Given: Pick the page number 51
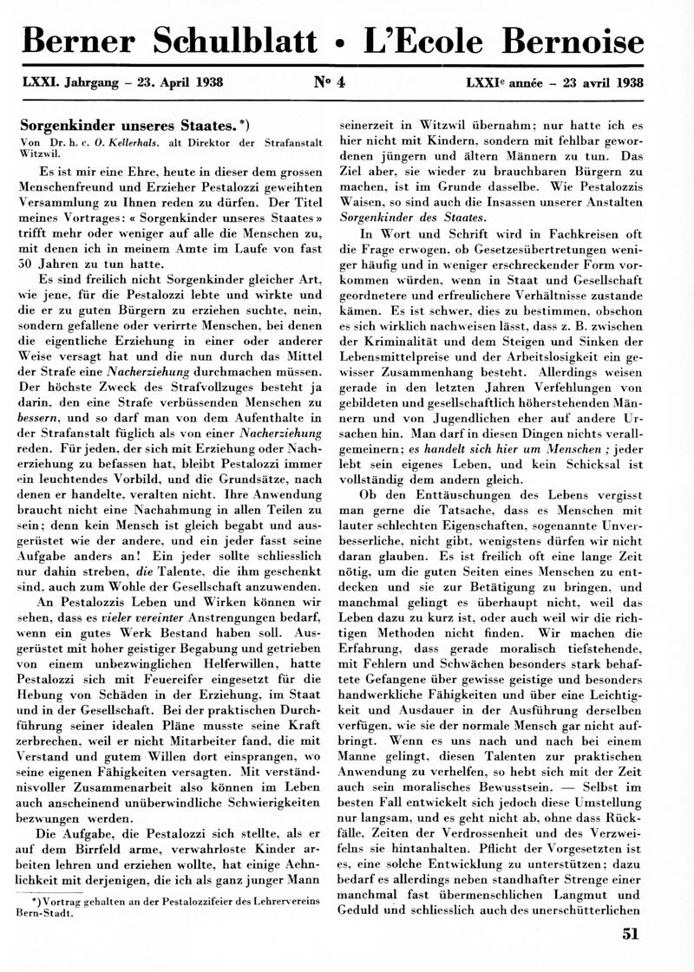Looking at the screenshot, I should coord(631,933).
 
